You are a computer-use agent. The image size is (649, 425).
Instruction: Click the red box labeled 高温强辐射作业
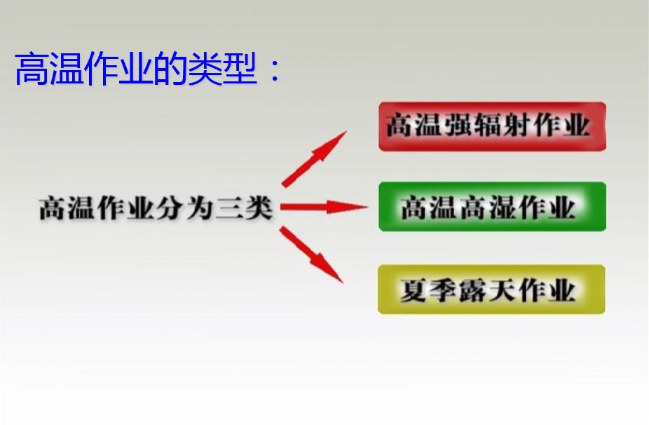492,126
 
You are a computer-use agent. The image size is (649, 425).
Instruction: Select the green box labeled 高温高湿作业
492,206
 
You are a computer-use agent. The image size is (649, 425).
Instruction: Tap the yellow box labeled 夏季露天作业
491,289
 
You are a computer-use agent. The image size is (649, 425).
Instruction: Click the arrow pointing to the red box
314,159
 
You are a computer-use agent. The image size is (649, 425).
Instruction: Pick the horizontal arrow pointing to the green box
324,207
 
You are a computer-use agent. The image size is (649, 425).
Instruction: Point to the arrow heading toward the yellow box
311,255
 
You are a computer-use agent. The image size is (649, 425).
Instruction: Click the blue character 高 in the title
32,69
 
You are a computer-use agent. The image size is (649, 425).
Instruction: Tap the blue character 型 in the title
240,69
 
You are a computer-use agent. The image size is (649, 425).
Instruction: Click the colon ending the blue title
274,69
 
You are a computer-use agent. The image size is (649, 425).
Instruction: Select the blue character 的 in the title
170,69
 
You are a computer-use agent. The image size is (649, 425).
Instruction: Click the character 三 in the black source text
229,208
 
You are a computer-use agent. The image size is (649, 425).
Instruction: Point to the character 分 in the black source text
170,208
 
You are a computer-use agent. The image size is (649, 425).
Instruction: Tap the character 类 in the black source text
259,208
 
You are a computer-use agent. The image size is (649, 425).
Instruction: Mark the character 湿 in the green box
503,207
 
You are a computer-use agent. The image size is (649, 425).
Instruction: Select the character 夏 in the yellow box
414,290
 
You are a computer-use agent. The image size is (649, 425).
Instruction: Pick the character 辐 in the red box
488,125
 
